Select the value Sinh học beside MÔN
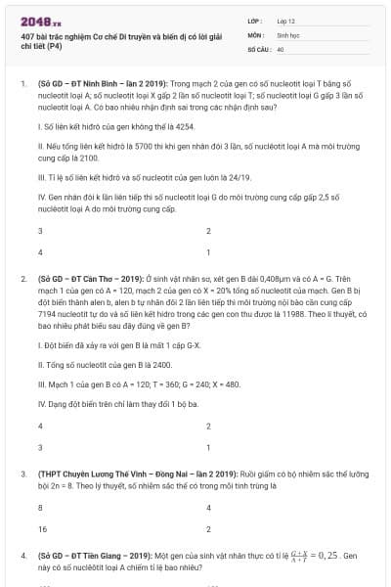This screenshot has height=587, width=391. (287, 33)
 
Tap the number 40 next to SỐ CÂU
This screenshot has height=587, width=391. (281, 47)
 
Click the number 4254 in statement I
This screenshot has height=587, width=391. (192, 128)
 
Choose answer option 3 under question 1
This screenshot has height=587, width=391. (40, 232)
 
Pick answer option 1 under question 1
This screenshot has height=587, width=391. (208, 252)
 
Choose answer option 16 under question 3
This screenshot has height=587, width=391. (41, 529)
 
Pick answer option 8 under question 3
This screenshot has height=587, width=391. (40, 509)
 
